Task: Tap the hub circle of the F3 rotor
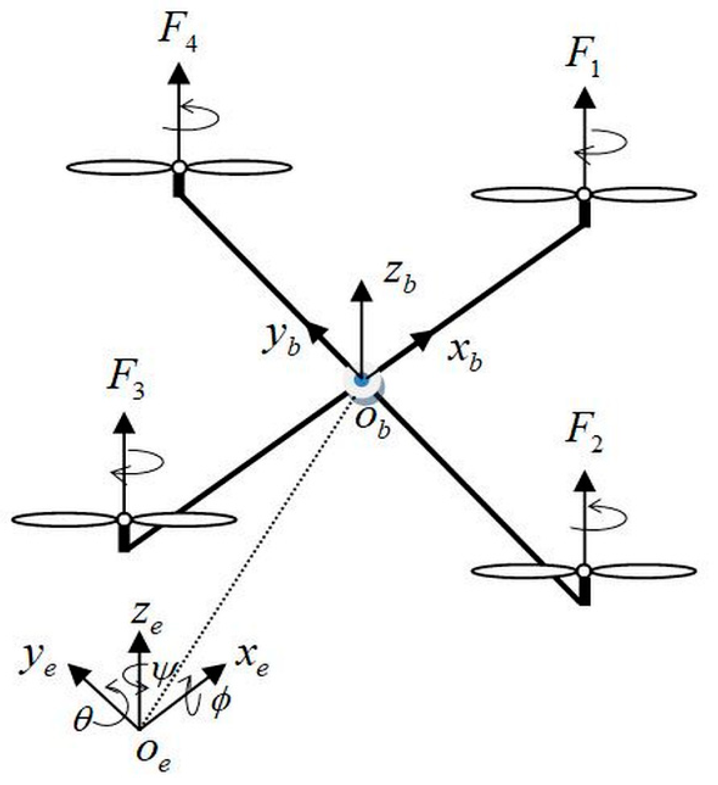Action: click(x=124, y=519)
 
